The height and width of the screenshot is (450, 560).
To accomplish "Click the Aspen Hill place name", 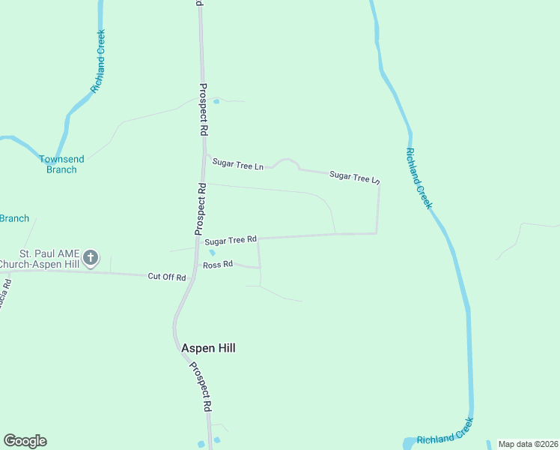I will [x=208, y=348].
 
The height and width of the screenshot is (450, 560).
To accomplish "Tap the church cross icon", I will [x=90, y=258].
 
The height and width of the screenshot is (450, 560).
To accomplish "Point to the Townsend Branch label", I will [x=58, y=164].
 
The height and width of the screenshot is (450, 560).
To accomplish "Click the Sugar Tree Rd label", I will [x=231, y=241].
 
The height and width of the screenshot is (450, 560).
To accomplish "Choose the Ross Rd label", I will [x=219, y=265].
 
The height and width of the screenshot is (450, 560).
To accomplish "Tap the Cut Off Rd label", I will [x=166, y=277].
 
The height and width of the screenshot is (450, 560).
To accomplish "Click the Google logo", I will [x=25, y=441].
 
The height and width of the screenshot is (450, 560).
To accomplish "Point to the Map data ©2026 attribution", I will [x=528, y=444].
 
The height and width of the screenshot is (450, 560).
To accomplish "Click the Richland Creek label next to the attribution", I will [x=445, y=438].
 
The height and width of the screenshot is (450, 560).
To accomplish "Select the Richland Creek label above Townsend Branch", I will [x=98, y=61].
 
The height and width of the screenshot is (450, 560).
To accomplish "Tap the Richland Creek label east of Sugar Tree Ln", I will [x=419, y=178].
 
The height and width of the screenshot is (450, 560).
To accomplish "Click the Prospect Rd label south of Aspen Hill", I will [x=199, y=387].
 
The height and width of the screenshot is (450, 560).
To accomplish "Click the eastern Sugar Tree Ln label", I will [x=355, y=177].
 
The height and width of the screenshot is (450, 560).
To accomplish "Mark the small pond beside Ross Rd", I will [x=212, y=252].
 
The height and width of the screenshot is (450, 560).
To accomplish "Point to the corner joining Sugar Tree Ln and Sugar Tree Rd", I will [x=377, y=233].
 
